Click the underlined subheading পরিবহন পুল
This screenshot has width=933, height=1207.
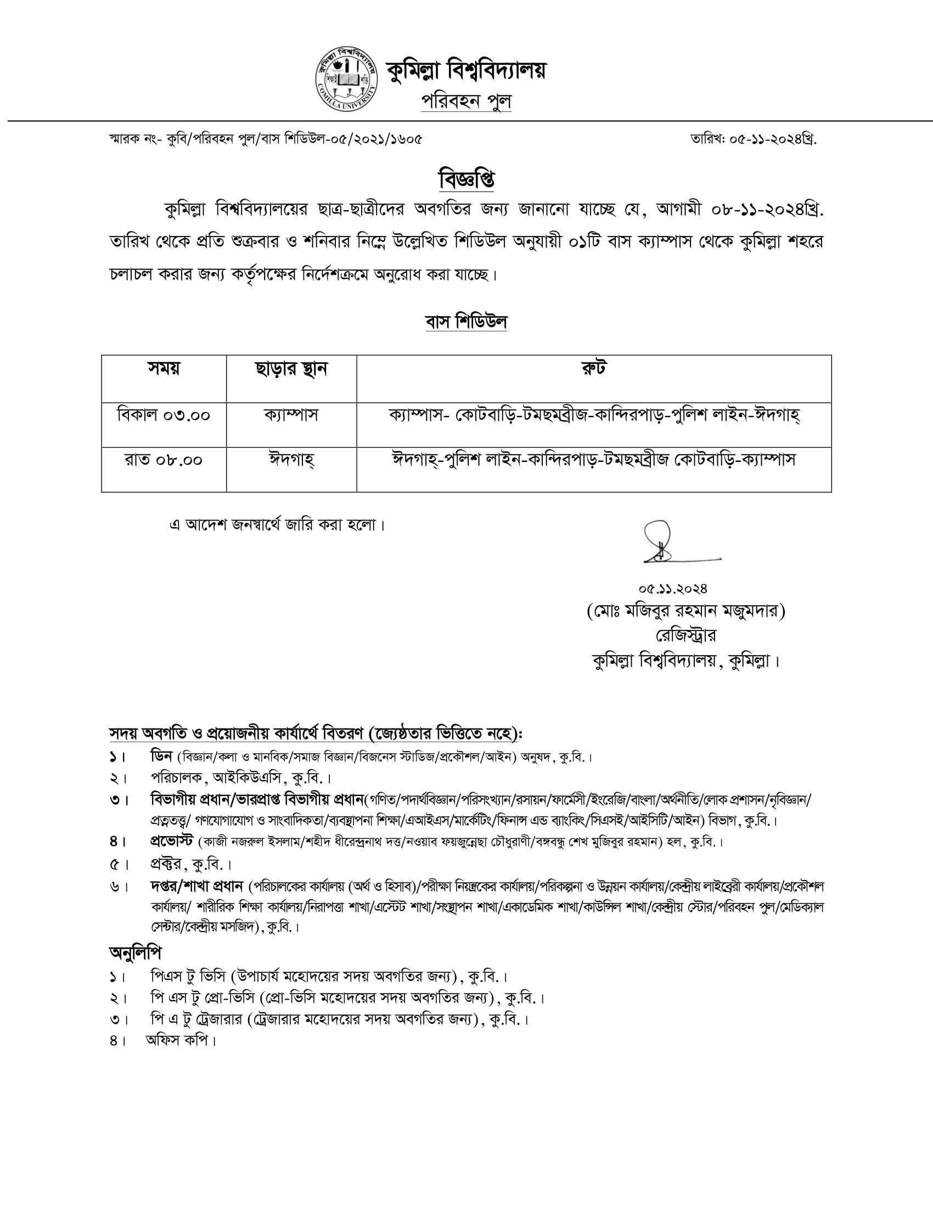466,101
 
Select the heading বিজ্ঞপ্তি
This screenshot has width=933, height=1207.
466,179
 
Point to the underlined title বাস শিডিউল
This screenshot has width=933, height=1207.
466,322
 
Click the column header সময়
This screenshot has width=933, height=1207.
164,368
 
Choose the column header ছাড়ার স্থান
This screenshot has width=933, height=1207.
291,369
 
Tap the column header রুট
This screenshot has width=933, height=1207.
594,368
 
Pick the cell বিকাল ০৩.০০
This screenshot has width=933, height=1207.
164,415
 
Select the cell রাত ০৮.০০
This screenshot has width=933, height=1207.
164,460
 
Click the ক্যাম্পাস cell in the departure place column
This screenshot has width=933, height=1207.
291,415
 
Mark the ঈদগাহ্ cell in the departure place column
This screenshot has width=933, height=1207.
291,460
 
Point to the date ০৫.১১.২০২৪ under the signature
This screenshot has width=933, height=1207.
672,589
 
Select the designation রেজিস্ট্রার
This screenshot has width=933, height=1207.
685,635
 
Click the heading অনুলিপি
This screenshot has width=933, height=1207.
136,953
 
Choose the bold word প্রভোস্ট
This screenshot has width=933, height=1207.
171,842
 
